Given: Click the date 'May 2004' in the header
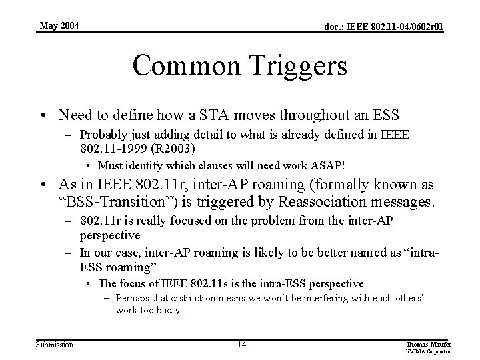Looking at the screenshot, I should (x=59, y=26).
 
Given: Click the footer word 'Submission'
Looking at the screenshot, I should (x=55, y=344).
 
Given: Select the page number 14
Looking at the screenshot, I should (x=242, y=344).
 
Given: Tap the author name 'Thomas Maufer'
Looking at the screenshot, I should (x=424, y=343).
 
